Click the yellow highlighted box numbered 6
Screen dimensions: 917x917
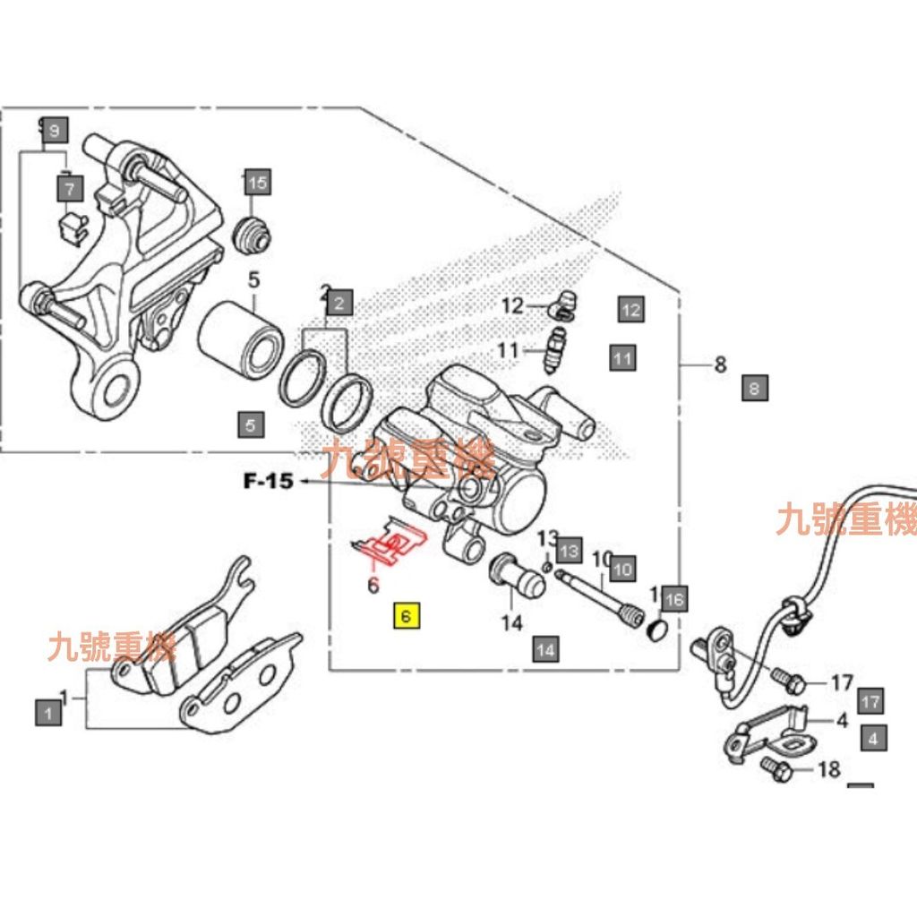407,616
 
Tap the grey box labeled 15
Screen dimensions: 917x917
257,184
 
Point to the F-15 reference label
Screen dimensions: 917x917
268,482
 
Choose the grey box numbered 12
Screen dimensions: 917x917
631,310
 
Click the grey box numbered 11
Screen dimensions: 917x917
623,359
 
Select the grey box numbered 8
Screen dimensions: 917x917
755,389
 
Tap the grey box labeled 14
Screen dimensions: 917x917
545,648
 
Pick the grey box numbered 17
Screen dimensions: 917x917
870,700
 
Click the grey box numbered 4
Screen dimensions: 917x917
874,739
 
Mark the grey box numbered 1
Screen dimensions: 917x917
48,713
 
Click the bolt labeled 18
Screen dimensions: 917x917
773,767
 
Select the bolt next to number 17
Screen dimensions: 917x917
787,682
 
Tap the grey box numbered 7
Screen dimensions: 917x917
70,188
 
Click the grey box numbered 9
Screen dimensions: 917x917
54,132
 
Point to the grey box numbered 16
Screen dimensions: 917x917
674,599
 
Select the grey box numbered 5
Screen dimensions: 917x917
252,424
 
